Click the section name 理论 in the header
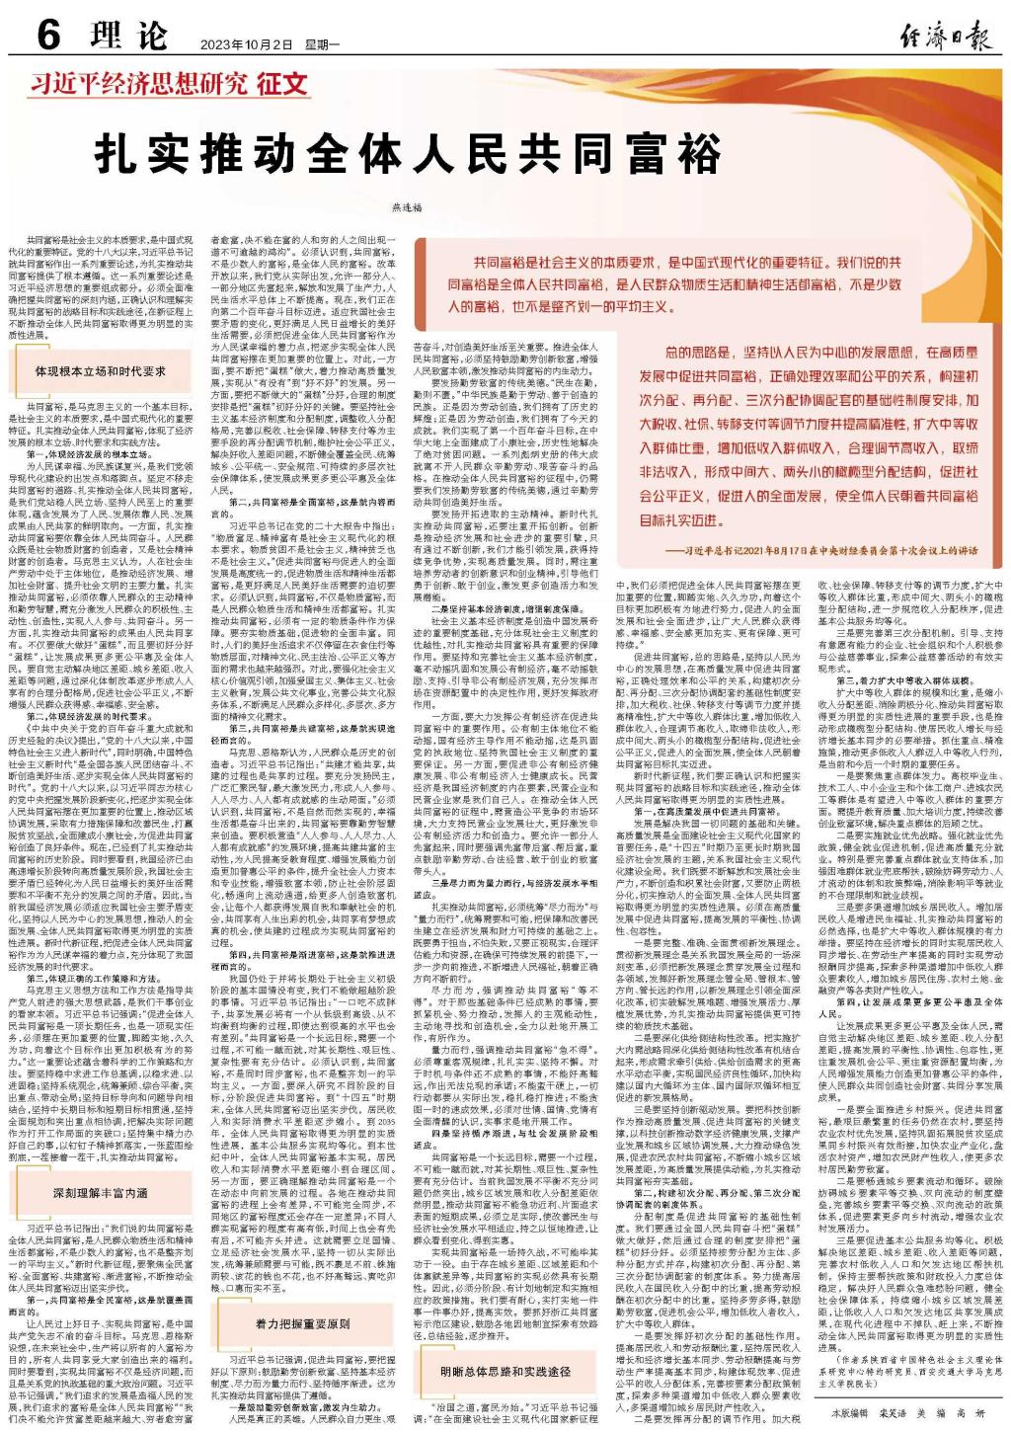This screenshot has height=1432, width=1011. point(127,38)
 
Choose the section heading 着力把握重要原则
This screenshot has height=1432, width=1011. point(302,1321)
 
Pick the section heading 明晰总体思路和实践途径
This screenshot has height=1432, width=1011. point(505,1371)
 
